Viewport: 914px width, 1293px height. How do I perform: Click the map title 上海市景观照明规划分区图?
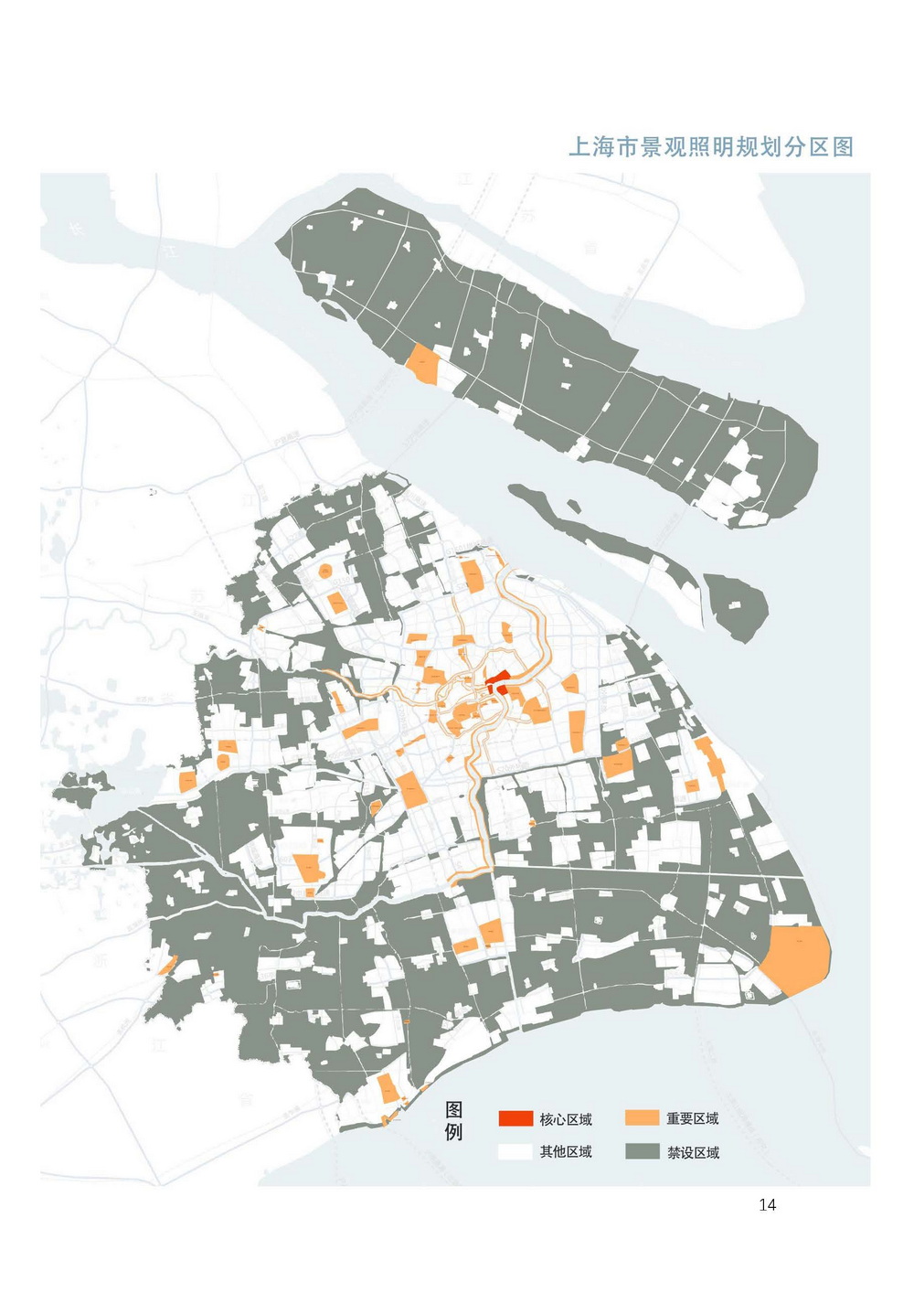710,147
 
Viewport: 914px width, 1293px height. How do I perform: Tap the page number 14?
767,1204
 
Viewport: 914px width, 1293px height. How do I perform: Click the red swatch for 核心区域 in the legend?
515,1118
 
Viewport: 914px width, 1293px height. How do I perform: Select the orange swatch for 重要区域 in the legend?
642,1118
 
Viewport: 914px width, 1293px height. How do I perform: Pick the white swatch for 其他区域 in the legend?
515,1151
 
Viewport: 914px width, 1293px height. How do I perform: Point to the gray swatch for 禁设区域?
642,1151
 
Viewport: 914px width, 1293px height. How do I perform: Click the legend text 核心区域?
566,1119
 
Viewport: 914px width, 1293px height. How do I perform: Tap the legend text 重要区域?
692,1119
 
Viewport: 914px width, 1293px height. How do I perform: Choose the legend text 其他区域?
566,1152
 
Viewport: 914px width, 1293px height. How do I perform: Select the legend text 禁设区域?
692,1152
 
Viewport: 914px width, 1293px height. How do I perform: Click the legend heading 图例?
454,1121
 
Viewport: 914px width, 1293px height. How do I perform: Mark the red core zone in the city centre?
499,682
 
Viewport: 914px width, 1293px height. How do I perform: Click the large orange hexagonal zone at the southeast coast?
796,959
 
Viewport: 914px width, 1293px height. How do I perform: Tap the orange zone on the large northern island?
424,364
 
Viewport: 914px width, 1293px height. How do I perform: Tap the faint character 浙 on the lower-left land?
99,959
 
